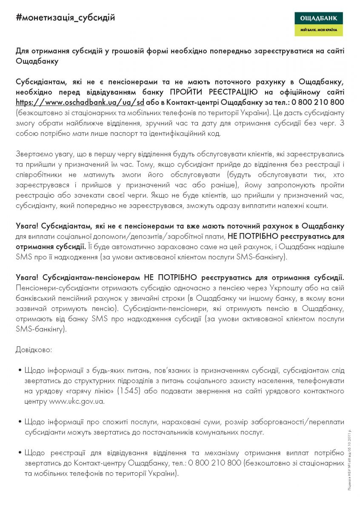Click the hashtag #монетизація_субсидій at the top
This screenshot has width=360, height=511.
(x=65, y=18)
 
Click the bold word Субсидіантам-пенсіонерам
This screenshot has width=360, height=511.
(x=91, y=277)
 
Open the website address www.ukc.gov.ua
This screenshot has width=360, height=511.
(x=77, y=401)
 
